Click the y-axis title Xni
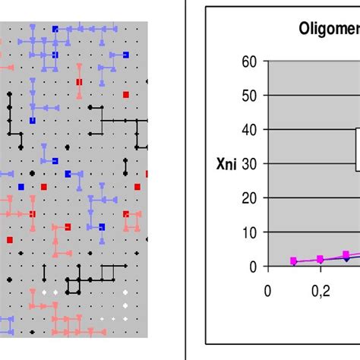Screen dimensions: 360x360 click(x=226, y=163)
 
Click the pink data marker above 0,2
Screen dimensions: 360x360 click(x=320, y=259)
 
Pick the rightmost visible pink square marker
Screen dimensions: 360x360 click(x=346, y=254)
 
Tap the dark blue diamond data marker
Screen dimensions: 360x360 click(x=346, y=258)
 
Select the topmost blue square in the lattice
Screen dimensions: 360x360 click(x=55, y=29)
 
